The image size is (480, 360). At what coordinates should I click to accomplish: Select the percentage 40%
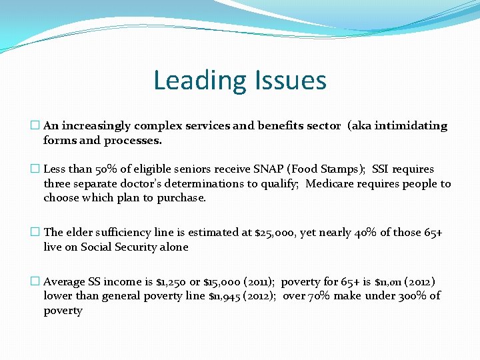(364, 233)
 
